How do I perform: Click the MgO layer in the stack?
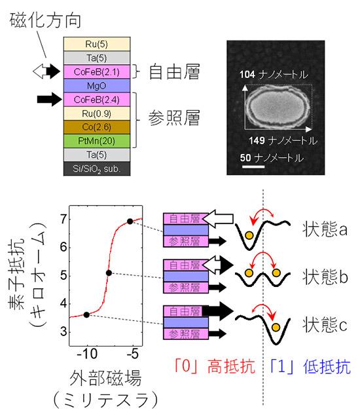pos(97,86)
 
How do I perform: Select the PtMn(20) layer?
pos(97,141)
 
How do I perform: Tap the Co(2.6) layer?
pos(97,127)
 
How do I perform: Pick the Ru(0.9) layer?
pos(97,113)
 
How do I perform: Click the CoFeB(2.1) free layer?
pos(97,72)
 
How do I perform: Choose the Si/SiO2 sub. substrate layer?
pos(97,168)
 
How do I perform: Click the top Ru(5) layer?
pos(97,44)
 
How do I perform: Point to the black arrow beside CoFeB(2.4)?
pos(49,100)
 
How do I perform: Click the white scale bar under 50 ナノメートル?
pos(253,166)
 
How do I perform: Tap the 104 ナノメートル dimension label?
pos(274,75)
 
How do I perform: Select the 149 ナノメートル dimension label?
pos(283,140)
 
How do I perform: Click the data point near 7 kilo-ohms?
pos(130,221)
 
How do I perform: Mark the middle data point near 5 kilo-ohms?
pos(109,273)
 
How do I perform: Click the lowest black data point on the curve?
pos(86,314)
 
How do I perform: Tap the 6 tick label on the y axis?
pos(63,248)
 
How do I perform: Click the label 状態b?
pos(325,276)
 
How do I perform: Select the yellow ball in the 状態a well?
pos(249,235)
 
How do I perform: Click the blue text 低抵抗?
pos(327,366)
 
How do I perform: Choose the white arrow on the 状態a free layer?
pos(217,219)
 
